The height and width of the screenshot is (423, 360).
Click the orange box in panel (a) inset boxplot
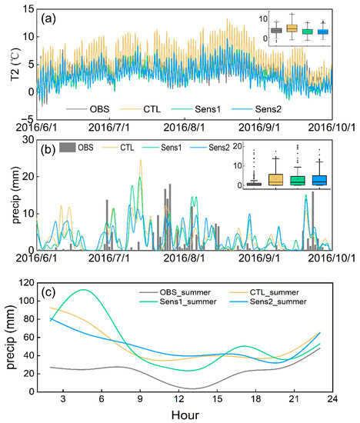[x=292, y=28]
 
